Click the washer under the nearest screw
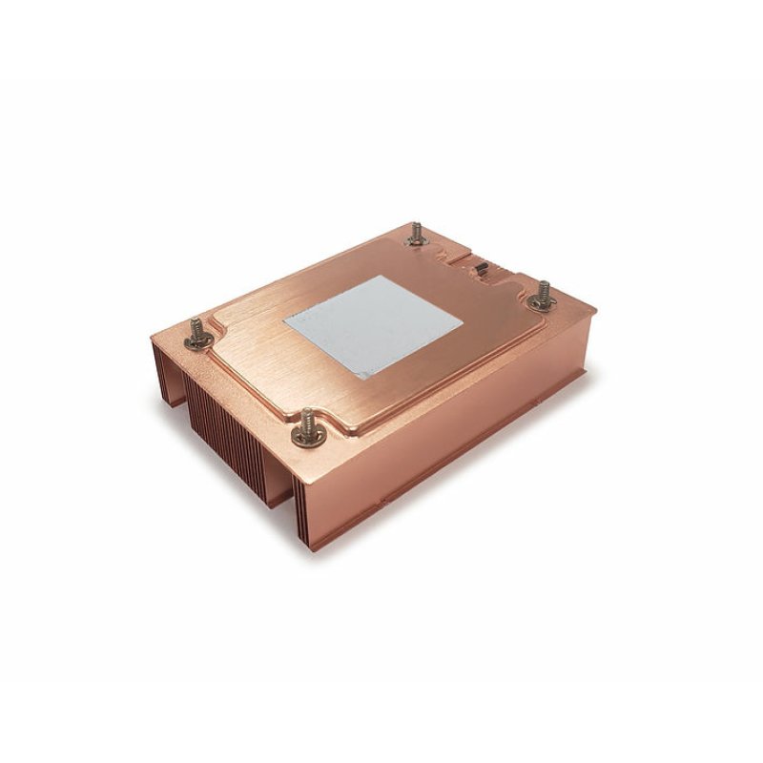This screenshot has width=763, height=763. click(x=308, y=439)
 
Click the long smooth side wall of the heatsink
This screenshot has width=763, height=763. click(x=458, y=420)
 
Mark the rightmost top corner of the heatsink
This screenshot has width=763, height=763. click(x=596, y=310)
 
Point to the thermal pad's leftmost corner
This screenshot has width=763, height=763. click(x=282, y=320)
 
